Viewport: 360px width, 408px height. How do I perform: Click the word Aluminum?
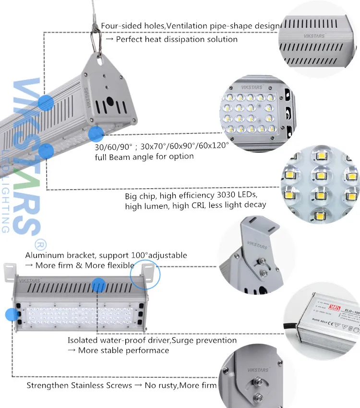coord(42,255)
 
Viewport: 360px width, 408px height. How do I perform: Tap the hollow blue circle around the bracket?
coord(145,274)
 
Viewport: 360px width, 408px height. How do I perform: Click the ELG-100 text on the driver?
coord(349,303)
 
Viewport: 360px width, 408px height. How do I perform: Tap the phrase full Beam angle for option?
coord(144,156)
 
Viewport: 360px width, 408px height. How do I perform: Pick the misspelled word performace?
coord(147,350)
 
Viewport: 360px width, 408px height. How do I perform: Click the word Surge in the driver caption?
coord(182,340)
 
